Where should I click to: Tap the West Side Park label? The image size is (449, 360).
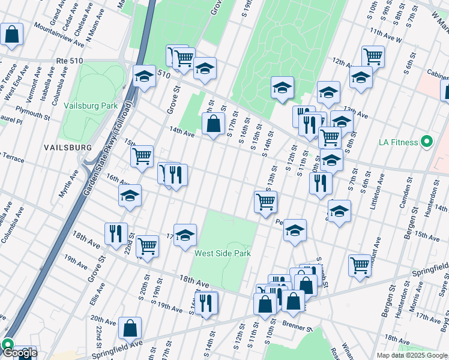tap(222, 253)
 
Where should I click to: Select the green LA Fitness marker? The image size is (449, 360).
tap(427, 142)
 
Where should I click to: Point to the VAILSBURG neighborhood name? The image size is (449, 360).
tap(67, 147)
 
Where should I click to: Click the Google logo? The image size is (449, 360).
tap(19, 353)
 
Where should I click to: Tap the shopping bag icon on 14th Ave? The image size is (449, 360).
tap(213, 124)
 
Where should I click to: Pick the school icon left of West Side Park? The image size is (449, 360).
tap(185, 234)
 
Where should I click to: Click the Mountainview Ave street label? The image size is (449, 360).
tap(59, 34)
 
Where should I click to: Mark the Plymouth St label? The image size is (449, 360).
tap(34, 114)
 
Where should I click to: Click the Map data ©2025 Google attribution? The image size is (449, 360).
tap(412, 355)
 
